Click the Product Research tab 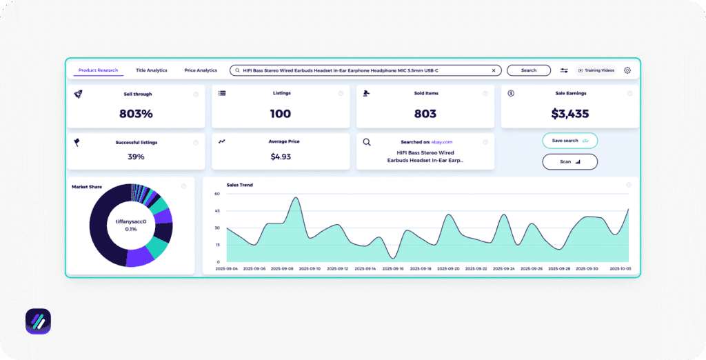98,70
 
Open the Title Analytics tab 152,70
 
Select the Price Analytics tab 201,70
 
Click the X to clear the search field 494,70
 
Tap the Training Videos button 596,70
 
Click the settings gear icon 627,70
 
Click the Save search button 569,141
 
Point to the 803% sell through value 136,114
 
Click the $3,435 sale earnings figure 569,114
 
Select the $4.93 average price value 281,157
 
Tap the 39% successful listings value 136,157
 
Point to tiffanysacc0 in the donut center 131,221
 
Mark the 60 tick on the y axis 216,194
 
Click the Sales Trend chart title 239,185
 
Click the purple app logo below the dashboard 38,321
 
